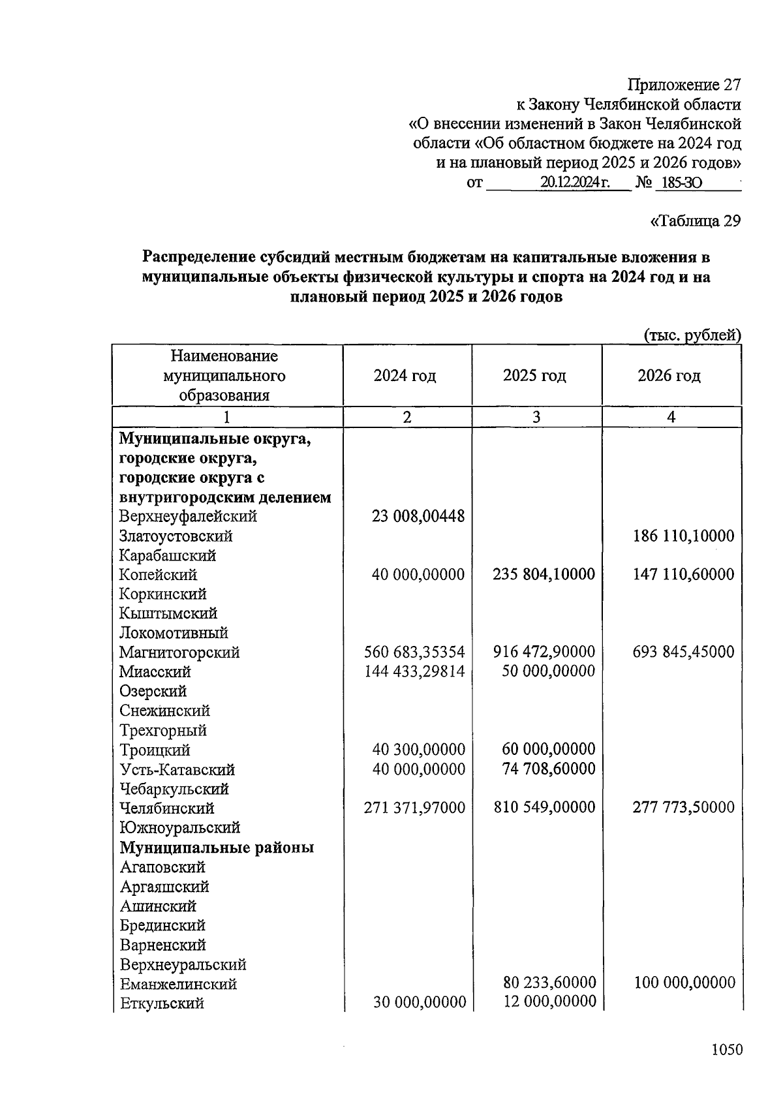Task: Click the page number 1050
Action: pyautogui.click(x=726, y=1049)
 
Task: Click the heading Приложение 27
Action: pyautogui.click(x=684, y=85)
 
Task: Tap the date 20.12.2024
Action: pyautogui.click(x=574, y=183)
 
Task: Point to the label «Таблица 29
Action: pyautogui.click(x=696, y=221)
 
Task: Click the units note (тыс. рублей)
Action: pyautogui.click(x=692, y=335)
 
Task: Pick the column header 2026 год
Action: pyautogui.click(x=669, y=376)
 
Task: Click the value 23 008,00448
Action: pyautogui.click(x=418, y=517)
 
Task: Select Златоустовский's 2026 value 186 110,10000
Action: pyautogui.click(x=683, y=536)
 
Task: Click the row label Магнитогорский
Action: pyautogui.click(x=179, y=652)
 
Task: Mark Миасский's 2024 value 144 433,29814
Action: pyautogui.click(x=414, y=671)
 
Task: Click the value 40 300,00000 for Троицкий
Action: pyautogui.click(x=418, y=750)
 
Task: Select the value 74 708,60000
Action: pyautogui.click(x=549, y=769)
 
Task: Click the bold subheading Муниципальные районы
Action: pyautogui.click(x=217, y=848)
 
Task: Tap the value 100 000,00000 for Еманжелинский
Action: pyautogui.click(x=684, y=983)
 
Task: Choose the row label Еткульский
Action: pyautogui.click(x=162, y=1003)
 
